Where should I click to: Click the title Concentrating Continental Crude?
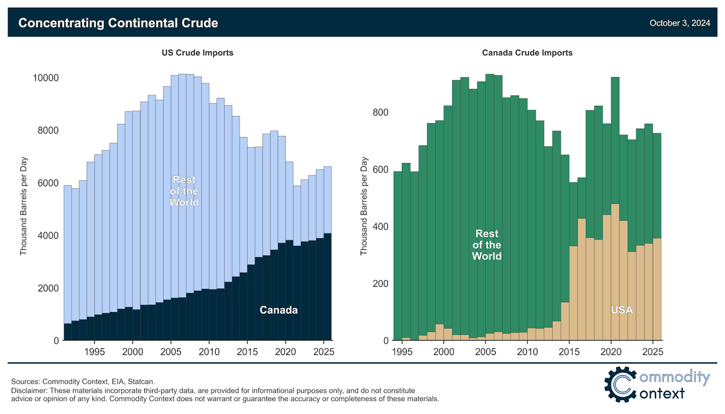click(118, 23)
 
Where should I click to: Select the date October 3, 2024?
click(680, 23)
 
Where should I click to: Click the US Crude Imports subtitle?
click(198, 53)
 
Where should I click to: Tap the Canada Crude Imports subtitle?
click(527, 53)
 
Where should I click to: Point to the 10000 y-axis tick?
click(46, 78)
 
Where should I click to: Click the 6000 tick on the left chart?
click(48, 183)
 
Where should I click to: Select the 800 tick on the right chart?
click(381, 112)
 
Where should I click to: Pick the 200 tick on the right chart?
click(381, 284)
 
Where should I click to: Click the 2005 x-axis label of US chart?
click(171, 352)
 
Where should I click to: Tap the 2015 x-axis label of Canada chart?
click(569, 352)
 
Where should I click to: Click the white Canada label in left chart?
click(279, 310)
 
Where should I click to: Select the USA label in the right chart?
click(622, 310)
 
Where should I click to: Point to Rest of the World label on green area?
click(487, 245)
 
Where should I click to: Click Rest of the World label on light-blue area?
click(184, 191)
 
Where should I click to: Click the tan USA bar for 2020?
click(615, 272)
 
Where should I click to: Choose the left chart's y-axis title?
click(24, 206)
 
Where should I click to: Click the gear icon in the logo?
click(620, 384)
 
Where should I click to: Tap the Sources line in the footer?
click(83, 381)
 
